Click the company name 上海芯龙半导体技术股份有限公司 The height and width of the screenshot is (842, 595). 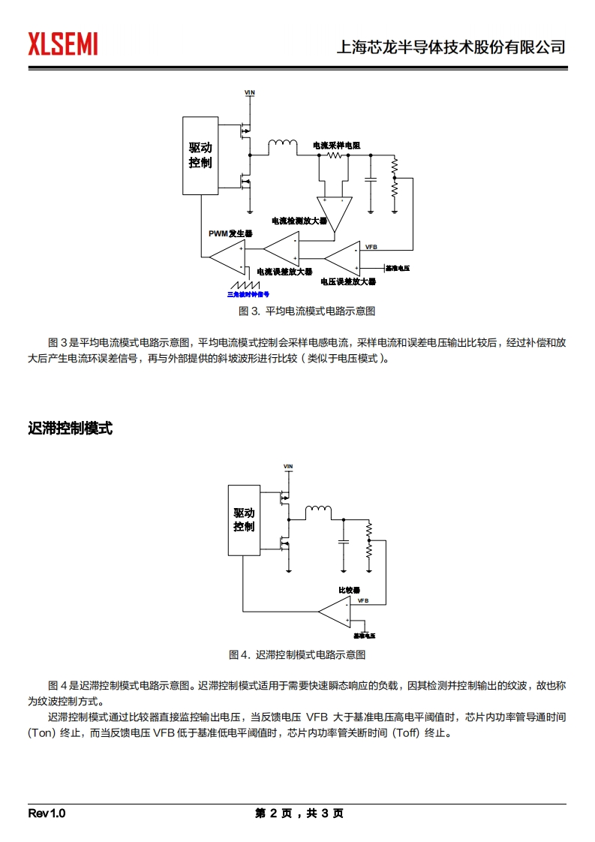click(x=450, y=47)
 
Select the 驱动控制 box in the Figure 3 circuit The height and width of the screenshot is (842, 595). click(x=200, y=155)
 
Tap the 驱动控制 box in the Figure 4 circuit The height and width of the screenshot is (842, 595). click(x=244, y=519)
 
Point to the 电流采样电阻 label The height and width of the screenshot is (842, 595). click(x=336, y=145)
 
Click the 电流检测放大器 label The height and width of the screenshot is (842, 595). click(x=299, y=221)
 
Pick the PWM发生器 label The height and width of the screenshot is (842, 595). click(x=230, y=234)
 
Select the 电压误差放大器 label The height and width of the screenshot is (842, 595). click(x=347, y=281)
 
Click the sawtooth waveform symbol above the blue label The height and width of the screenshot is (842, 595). click(x=245, y=285)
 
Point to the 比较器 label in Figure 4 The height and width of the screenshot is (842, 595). click(x=350, y=591)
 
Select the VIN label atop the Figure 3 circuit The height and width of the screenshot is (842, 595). click(x=250, y=92)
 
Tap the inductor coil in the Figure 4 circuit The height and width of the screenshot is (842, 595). click(x=318, y=512)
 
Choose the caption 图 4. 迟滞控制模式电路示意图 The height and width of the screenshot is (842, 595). click(x=297, y=654)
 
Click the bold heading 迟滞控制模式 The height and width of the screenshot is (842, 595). click(x=70, y=429)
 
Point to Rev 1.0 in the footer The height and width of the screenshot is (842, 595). click(x=47, y=813)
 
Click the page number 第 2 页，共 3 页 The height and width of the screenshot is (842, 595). click(x=299, y=813)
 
